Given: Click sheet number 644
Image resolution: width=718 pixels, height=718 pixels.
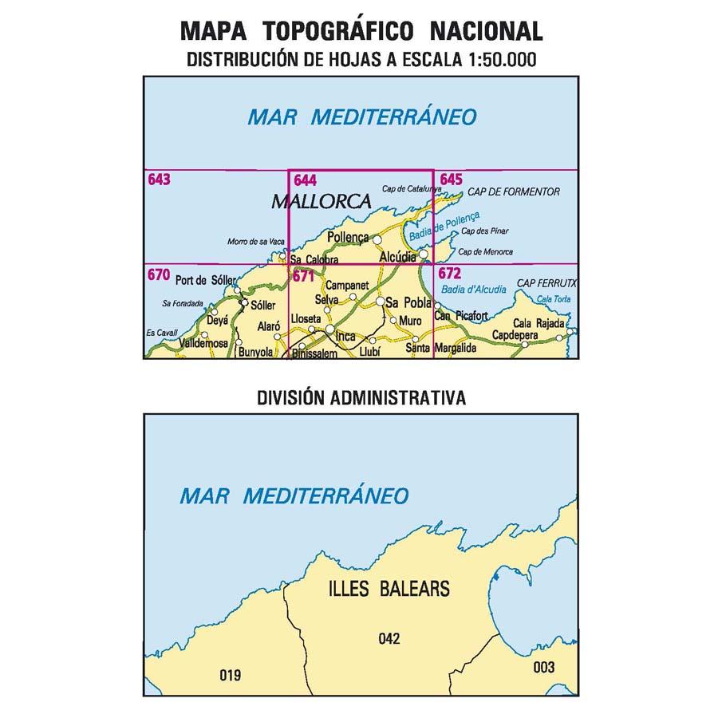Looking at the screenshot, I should (304, 180).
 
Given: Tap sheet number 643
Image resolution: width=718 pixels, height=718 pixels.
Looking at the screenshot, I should (159, 180).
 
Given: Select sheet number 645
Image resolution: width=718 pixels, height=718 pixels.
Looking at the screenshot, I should (451, 180).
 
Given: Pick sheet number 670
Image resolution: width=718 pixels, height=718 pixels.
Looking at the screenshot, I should (159, 274).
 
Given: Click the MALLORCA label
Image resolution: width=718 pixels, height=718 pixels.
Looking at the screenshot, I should (322, 201).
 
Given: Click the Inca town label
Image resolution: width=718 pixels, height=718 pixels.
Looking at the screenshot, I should (345, 337).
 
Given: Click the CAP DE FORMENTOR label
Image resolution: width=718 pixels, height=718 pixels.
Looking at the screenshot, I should (514, 192).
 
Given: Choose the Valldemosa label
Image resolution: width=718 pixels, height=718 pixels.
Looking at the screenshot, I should (201, 343).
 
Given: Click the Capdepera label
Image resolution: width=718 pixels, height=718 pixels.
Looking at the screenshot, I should (515, 335).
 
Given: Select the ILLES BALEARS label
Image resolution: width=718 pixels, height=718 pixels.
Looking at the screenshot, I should (389, 590).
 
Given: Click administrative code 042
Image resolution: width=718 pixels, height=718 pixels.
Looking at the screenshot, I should (389, 638).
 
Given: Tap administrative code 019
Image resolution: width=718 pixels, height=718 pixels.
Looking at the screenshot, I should (230, 676).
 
